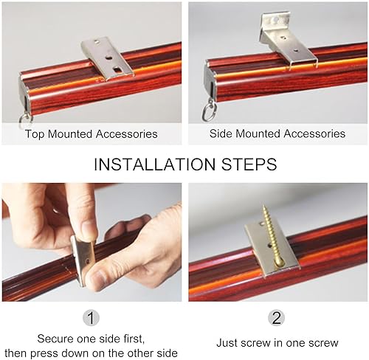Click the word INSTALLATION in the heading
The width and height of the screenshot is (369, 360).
click(154, 165)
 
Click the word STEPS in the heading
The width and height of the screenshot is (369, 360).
click(249, 165)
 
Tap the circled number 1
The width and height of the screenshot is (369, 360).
click(91, 318)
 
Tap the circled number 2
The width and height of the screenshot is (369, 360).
click(277, 317)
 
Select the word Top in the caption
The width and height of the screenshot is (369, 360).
click(35, 134)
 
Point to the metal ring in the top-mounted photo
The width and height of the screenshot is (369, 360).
click(25, 119)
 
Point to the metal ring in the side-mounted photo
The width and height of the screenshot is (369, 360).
click(209, 112)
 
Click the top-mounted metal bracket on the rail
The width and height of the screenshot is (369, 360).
click(107, 58)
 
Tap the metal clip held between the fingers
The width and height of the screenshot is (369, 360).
click(83, 260)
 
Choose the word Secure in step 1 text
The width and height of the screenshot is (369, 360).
click(55, 339)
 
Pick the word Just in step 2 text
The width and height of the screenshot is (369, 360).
click(227, 343)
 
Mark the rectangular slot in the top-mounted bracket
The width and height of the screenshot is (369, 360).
click(117, 69)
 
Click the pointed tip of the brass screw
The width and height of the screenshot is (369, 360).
click(263, 206)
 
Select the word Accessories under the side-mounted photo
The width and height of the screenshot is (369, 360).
click(314, 134)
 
